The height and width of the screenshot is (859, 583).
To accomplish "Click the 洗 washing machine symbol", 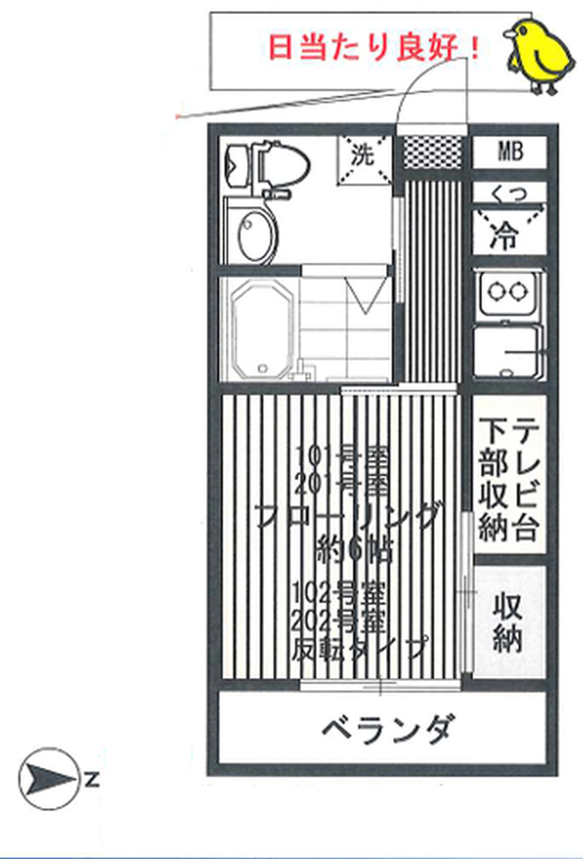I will (362, 157).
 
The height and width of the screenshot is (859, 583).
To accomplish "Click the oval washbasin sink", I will (256, 235).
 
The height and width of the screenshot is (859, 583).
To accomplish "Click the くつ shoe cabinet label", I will (509, 195).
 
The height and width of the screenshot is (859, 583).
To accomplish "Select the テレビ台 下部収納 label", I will (509, 478).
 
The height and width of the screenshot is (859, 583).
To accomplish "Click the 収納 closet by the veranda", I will (509, 623).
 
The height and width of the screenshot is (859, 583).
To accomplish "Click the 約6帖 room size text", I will (354, 548).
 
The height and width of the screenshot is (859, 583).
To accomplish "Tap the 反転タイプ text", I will (358, 646).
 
